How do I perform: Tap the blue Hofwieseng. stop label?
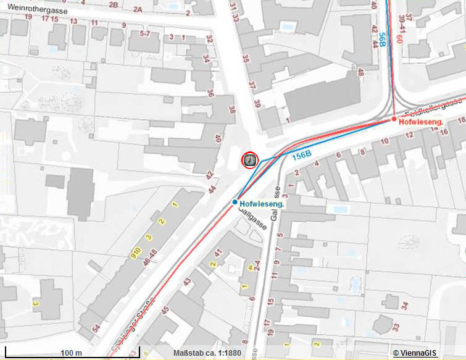pyautogui.click(x=262, y=204)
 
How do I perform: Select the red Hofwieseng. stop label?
pyautogui.click(x=422, y=122)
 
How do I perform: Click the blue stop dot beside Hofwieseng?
pyautogui.click(x=235, y=202)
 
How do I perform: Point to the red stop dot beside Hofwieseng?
pyautogui.click(x=394, y=119)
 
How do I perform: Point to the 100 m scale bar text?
pyautogui.click(x=72, y=353)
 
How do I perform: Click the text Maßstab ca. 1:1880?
pyautogui.click(x=207, y=354)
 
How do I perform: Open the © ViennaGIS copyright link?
pyautogui.click(x=415, y=353)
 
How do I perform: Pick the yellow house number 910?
pyautogui.click(x=135, y=253)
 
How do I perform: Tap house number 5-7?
pyautogui.click(x=146, y=33)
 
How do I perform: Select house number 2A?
pyautogui.click(x=137, y=9)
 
